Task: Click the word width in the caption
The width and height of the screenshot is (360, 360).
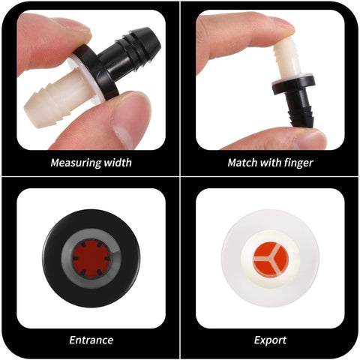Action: pos(116,163)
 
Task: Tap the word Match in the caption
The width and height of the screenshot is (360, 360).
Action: pos(243,163)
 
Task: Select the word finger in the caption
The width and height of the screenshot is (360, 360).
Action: pos(296,163)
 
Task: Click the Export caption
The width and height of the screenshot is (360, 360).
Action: pos(270,340)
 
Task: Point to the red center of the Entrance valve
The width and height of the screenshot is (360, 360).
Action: pos(91,259)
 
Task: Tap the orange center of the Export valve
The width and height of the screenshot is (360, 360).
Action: pos(269,259)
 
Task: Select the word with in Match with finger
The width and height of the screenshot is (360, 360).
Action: pos(268,163)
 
